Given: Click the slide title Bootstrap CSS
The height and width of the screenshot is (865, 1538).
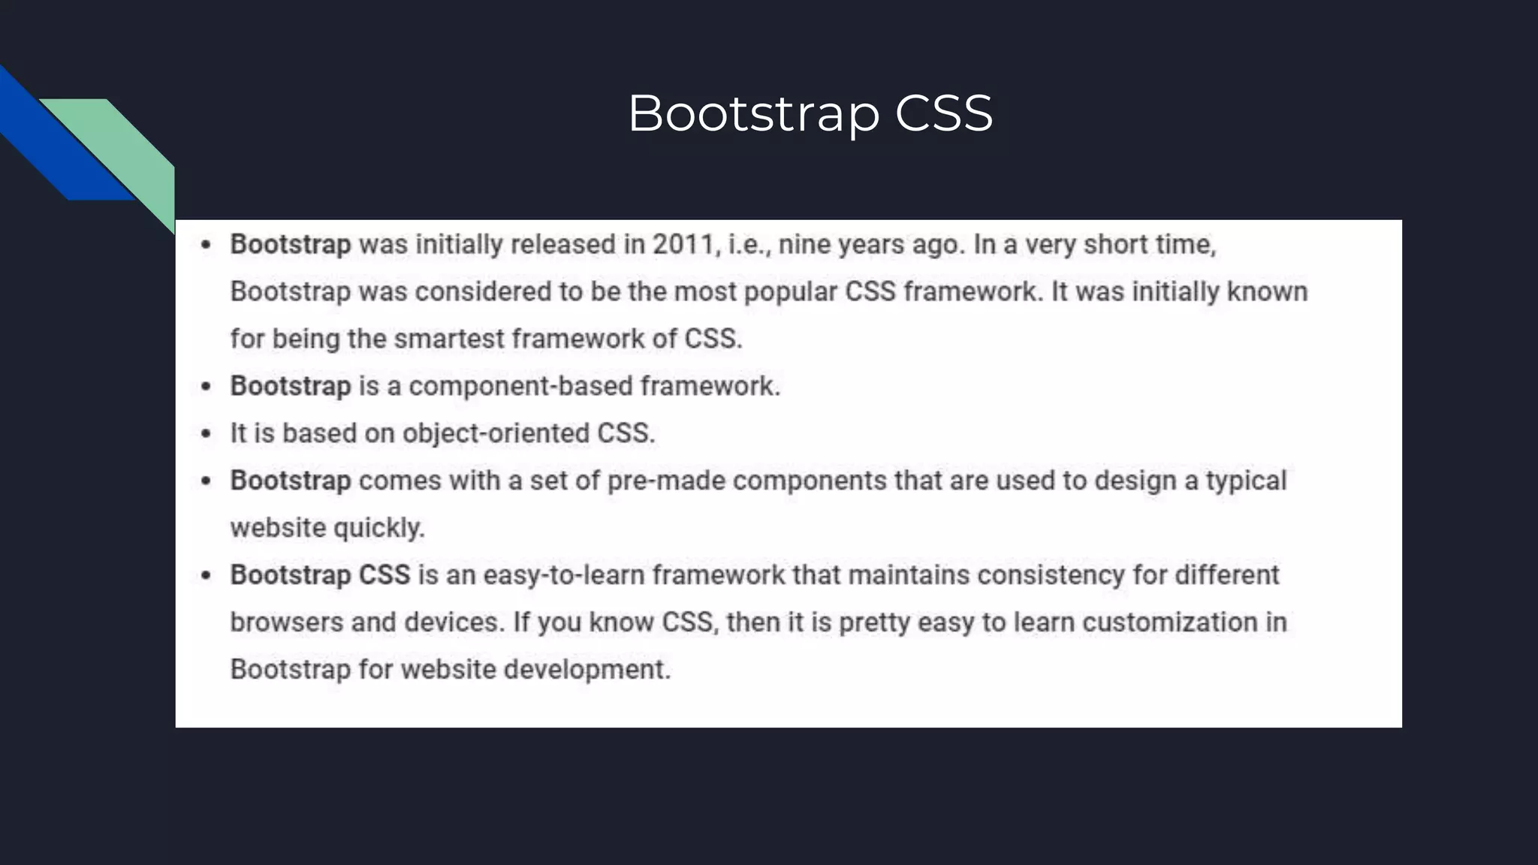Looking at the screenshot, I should click(x=810, y=114).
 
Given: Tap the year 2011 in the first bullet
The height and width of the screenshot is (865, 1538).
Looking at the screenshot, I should click(x=683, y=245).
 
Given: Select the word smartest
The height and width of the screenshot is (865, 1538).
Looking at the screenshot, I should click(x=448, y=339).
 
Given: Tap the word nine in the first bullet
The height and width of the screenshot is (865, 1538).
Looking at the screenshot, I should click(x=804, y=245).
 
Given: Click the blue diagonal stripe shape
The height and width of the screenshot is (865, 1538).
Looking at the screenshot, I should click(x=60, y=143).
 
